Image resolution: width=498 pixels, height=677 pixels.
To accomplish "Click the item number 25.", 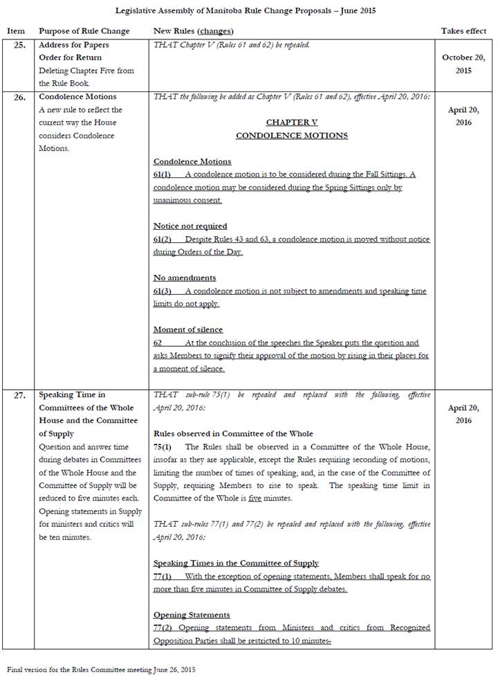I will pyautogui.click(x=19, y=45).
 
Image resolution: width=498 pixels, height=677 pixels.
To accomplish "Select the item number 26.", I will pyautogui.click(x=19, y=97).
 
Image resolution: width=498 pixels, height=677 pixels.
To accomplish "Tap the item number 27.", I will pyautogui.click(x=19, y=395).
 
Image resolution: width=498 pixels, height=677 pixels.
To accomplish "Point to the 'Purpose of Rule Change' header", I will pyautogui.click(x=84, y=31).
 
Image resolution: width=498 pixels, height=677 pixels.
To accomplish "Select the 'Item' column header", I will pyautogui.click(x=16, y=31).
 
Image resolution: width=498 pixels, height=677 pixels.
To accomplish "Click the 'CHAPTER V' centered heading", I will pyautogui.click(x=291, y=122).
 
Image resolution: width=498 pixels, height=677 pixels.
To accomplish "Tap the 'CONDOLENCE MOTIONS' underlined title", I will pyautogui.click(x=291, y=135).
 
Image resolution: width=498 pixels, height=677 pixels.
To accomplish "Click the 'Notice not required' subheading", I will pyautogui.click(x=190, y=226).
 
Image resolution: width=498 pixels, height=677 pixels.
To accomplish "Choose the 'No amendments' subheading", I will pyautogui.click(x=185, y=278).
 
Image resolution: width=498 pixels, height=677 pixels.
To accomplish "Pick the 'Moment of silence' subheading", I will pyautogui.click(x=188, y=330).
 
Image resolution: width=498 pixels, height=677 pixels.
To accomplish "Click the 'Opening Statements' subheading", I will pyautogui.click(x=192, y=615).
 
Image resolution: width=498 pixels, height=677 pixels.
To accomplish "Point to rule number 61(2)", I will pyautogui.click(x=162, y=239).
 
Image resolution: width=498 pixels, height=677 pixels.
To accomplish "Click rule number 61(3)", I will pyautogui.click(x=162, y=291).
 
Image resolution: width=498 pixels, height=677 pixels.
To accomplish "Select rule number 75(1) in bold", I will pyautogui.click(x=162, y=446).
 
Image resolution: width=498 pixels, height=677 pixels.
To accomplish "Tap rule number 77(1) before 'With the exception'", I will pyautogui.click(x=162, y=576).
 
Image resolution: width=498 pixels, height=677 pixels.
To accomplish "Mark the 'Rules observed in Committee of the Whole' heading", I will pyautogui.click(x=233, y=433).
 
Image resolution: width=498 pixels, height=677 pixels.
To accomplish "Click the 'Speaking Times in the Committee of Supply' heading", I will pyautogui.click(x=236, y=563).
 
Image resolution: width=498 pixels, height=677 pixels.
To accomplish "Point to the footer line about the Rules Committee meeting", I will pyautogui.click(x=102, y=669).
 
